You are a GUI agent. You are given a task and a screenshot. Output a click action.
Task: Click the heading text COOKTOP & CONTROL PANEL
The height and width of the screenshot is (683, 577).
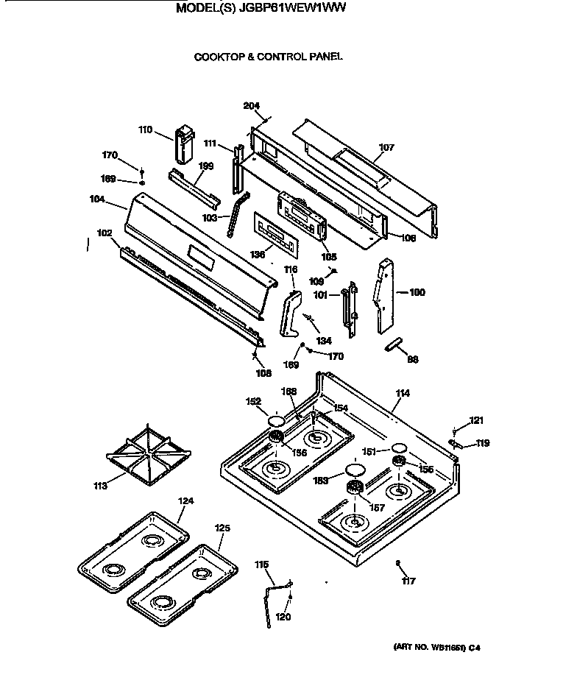(x=268, y=56)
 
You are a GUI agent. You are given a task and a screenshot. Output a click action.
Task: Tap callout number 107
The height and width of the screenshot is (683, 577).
(x=386, y=148)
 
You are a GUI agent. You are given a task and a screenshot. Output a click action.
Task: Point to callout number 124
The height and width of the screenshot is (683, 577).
(x=186, y=501)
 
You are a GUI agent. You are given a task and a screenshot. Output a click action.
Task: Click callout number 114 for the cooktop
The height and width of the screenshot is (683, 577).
(x=402, y=394)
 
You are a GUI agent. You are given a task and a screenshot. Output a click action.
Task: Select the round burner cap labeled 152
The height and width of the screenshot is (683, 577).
(x=275, y=422)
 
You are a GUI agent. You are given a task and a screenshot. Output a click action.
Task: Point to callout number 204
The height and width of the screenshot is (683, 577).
(x=252, y=106)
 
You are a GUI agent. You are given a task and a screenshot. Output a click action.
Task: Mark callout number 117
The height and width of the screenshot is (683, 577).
(x=408, y=581)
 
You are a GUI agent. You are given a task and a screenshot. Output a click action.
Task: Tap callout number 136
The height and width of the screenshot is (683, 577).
(x=257, y=254)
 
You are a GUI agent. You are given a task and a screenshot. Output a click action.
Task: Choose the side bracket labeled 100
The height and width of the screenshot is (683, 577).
(x=383, y=294)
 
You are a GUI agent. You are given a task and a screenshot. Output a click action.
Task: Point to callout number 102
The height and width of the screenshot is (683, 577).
(x=105, y=233)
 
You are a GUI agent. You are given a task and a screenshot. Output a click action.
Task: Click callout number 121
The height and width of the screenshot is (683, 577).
(x=477, y=421)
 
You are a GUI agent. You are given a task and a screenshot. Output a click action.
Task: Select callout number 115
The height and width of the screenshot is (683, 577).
(x=261, y=565)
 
